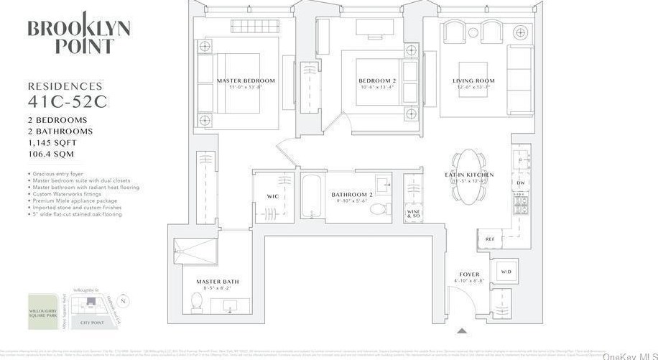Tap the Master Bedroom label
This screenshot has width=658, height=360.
(246, 81)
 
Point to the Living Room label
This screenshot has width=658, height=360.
(473, 81)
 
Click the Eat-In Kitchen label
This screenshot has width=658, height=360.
(469, 175)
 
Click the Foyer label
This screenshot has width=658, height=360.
(468, 274)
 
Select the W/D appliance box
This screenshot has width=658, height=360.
(505, 271)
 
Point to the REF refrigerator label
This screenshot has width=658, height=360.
(490, 239)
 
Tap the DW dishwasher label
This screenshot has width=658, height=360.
(521, 183)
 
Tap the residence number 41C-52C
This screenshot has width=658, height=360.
(68, 102)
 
